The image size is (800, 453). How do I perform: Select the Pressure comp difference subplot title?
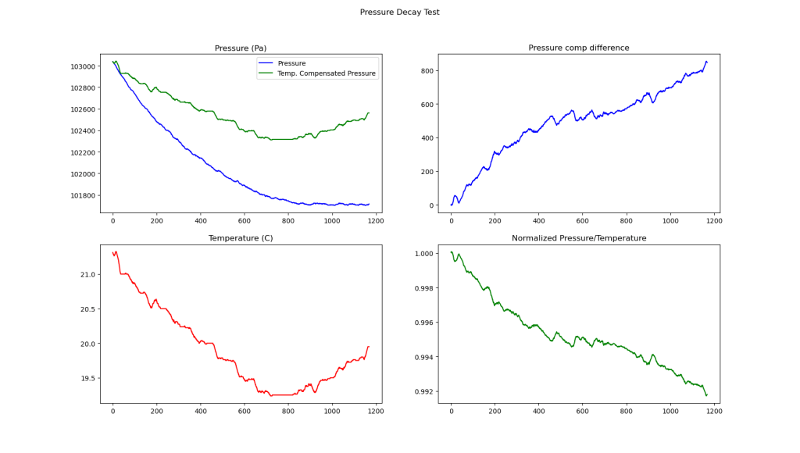point(578,48)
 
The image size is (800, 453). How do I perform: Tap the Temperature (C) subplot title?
point(241,238)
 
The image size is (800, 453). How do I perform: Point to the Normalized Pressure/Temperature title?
point(578,238)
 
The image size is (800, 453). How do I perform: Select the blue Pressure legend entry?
point(291,63)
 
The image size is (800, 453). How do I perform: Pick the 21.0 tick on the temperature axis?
point(87,275)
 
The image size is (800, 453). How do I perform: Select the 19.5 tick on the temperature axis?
point(87,379)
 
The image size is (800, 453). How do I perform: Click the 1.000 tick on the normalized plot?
point(423,254)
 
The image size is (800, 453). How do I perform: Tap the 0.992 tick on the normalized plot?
point(423,392)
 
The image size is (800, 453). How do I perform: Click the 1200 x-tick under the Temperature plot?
point(376,411)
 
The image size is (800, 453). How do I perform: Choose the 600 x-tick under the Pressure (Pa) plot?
point(245,220)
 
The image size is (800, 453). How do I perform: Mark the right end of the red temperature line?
point(369,346)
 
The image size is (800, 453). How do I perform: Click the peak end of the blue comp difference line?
point(706,62)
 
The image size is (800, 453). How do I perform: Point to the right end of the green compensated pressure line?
point(369,113)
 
